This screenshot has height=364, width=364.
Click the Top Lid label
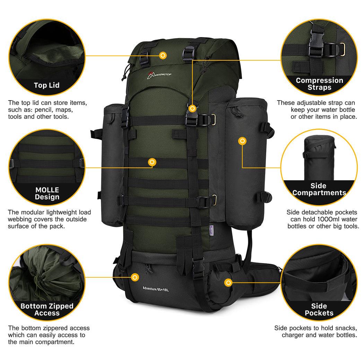tap(46, 85)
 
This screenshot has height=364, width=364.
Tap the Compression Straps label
tap(319, 84)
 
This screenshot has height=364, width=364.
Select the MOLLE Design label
tap(47, 193)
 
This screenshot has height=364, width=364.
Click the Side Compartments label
tap(319, 189)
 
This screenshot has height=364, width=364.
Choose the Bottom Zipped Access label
tap(47, 310)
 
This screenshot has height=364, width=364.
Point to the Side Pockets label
tap(319, 310)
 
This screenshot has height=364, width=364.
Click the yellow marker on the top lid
tap(163, 55)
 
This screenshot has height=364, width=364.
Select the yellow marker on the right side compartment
tap(243, 141)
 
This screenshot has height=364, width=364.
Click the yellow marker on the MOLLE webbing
tap(151, 162)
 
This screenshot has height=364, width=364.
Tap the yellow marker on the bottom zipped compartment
tap(135, 277)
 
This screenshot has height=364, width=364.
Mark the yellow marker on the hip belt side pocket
tap(228, 283)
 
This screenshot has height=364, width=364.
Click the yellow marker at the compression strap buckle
tap(192, 109)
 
